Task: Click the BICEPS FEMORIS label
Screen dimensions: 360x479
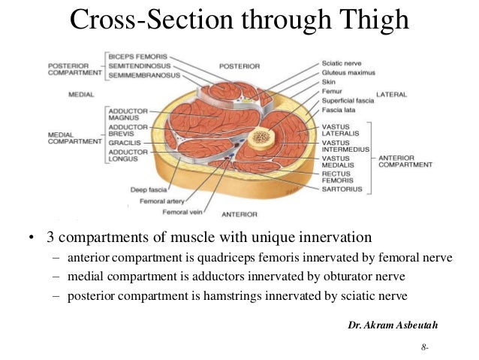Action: click(x=138, y=56)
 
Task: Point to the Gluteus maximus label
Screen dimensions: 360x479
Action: click(x=348, y=72)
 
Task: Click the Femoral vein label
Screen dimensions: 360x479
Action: click(x=183, y=212)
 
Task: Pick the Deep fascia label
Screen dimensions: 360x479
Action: click(x=148, y=189)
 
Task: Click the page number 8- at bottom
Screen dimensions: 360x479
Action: click(x=426, y=348)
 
